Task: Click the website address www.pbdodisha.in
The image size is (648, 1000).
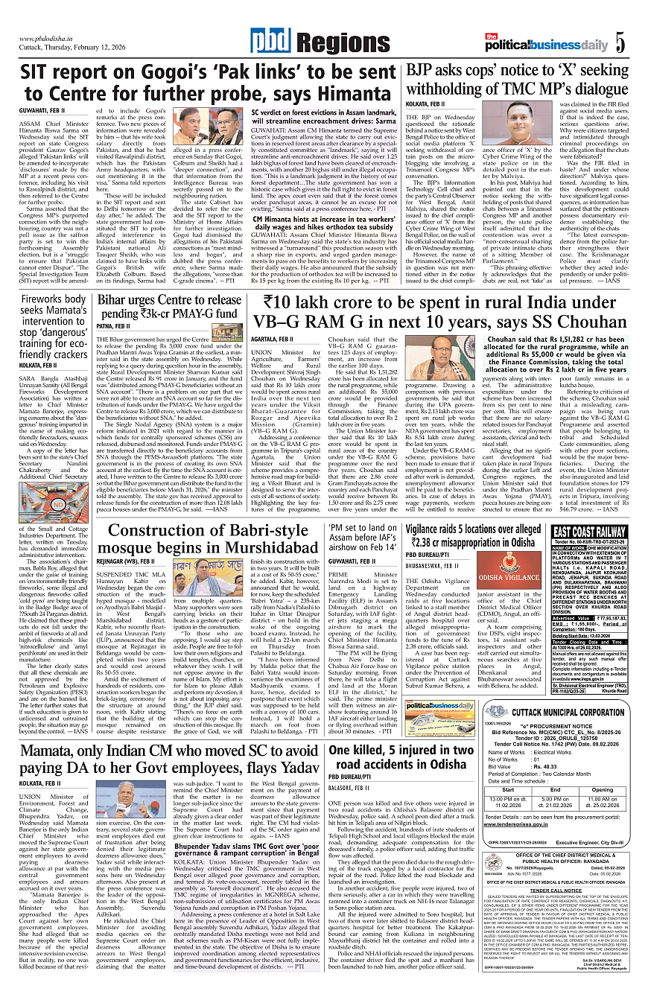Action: click(50, 39)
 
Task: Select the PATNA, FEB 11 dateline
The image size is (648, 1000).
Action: click(113, 326)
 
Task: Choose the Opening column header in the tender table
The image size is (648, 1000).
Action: click(602, 790)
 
